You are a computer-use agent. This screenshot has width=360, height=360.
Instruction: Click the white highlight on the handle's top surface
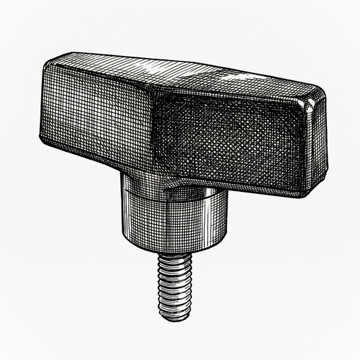coord(159,68)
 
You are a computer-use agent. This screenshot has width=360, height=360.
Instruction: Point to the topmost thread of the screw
coord(174,261)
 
